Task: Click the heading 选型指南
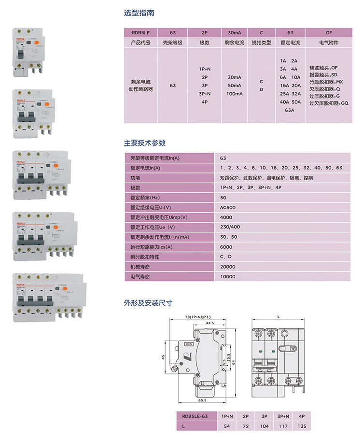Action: click(x=139, y=13)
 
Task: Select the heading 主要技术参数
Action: click(x=145, y=143)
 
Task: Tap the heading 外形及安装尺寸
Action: click(x=148, y=303)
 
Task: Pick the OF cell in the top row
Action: click(x=329, y=33)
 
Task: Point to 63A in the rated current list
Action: click(x=290, y=110)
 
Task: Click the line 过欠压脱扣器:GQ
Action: click(x=329, y=103)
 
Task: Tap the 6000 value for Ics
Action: click(x=226, y=247)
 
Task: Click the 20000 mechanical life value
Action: click(x=228, y=267)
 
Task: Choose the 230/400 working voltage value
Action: click(x=230, y=227)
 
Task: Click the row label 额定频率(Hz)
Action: click(x=145, y=198)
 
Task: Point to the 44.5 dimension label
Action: click(x=210, y=323)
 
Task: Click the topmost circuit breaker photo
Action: click(x=30, y=52)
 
